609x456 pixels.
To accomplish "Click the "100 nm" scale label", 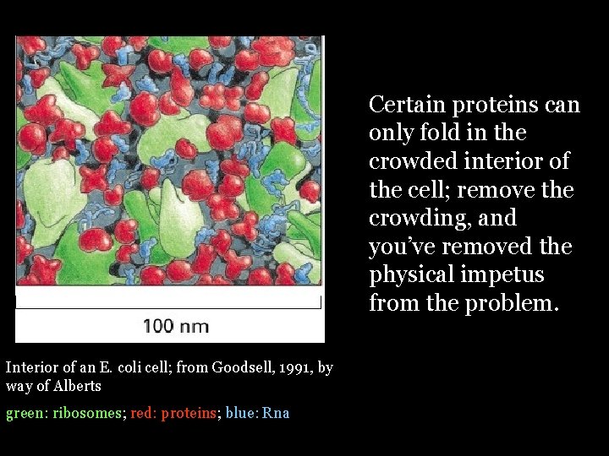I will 176,326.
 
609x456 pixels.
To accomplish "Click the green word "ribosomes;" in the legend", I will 88,413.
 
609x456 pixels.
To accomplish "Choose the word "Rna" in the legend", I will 276,413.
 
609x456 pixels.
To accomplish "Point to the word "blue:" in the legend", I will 241,413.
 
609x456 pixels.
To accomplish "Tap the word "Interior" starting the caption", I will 31,367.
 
